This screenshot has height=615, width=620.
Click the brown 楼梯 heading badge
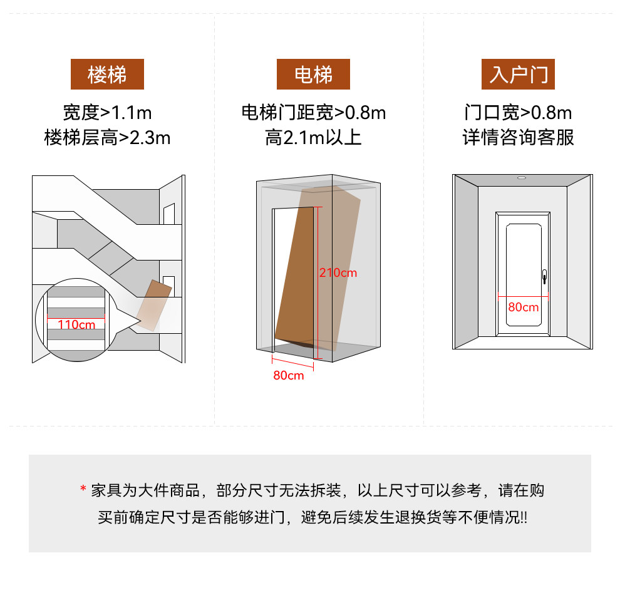click(107, 75)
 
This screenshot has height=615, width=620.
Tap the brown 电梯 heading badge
click(313, 75)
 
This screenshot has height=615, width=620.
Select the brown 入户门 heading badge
click(518, 75)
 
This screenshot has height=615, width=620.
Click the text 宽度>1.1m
click(107, 113)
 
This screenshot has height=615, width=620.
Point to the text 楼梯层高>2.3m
click(107, 137)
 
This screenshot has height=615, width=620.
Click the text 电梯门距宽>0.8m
click(313, 113)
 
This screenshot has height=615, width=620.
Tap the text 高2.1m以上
click(313, 137)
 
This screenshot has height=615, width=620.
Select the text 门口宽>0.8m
click(518, 113)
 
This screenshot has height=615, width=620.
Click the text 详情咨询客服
click(518, 137)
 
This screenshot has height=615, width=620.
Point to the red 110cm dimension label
click(76, 324)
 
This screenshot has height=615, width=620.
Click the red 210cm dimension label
click(338, 273)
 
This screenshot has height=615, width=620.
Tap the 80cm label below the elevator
click(288, 375)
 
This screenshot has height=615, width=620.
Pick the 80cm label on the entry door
click(523, 307)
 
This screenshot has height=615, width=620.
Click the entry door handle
click(544, 275)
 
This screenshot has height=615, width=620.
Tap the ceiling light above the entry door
click(522, 177)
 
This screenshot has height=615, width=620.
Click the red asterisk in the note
click(83, 490)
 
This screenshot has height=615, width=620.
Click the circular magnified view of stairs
click(76, 319)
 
